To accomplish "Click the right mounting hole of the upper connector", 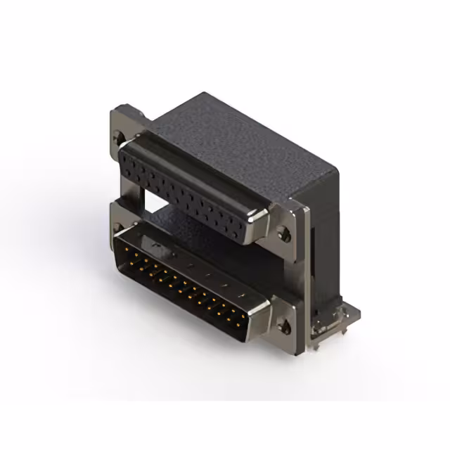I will pyautogui.click(x=284, y=234).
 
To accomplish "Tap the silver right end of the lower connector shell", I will pyautogui.click(x=263, y=320).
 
